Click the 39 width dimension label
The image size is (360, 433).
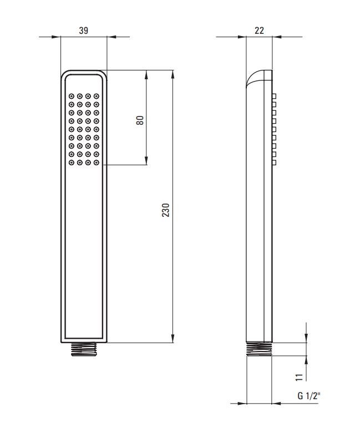(83, 30)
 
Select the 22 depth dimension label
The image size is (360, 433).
(259, 30)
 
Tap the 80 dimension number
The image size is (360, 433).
(140, 120)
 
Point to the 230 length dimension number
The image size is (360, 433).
(165, 210)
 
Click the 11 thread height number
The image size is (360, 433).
(299, 377)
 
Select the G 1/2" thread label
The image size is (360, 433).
(308, 396)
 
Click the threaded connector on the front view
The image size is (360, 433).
(84, 349)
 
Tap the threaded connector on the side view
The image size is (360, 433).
(259, 349)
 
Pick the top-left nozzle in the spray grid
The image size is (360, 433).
(72, 96)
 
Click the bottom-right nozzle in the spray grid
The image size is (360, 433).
(96, 162)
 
